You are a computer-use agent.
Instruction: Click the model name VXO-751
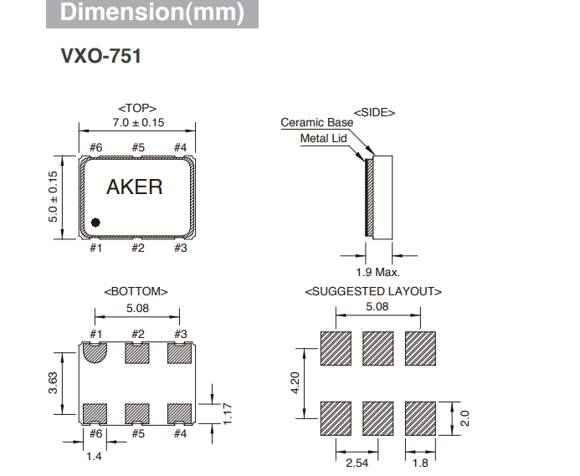pyautogui.click(x=100, y=57)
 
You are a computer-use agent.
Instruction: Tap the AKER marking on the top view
pyautogui.click(x=136, y=187)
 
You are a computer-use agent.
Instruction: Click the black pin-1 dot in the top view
pyautogui.click(x=96, y=223)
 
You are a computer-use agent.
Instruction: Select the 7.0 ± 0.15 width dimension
pyautogui.click(x=137, y=122)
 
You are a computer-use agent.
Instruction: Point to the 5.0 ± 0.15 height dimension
pyautogui.click(x=53, y=197)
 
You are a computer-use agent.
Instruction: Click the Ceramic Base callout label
pyautogui.click(x=316, y=122)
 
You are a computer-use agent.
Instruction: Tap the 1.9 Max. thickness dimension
pyautogui.click(x=377, y=272)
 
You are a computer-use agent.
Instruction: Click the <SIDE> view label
pyautogui.click(x=374, y=111)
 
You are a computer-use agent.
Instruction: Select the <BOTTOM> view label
pyautogui.click(x=136, y=291)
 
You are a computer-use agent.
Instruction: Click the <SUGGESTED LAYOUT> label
pyautogui.click(x=373, y=291)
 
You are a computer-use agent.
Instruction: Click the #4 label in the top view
pyautogui.click(x=179, y=148)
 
